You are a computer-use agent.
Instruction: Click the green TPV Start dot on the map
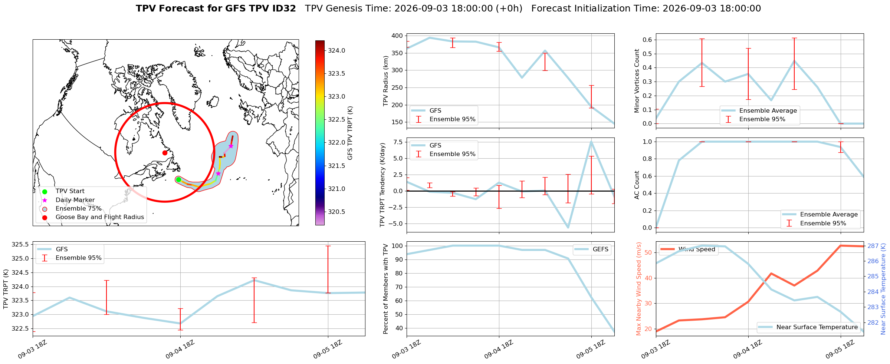click(178, 179)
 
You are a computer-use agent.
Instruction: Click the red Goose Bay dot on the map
click(165, 153)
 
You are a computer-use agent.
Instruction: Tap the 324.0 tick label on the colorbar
click(336, 50)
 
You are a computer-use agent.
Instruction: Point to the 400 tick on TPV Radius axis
click(397, 36)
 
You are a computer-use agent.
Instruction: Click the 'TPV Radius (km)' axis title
click(385, 81)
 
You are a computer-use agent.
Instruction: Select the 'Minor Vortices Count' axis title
click(637, 81)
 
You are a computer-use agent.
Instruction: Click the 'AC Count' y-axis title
click(637, 185)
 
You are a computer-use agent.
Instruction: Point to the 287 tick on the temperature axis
click(873, 246)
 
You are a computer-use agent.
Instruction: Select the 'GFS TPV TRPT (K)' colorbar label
click(350, 133)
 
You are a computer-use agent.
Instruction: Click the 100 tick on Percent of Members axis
click(397, 246)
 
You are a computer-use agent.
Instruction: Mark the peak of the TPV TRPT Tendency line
click(591, 141)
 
